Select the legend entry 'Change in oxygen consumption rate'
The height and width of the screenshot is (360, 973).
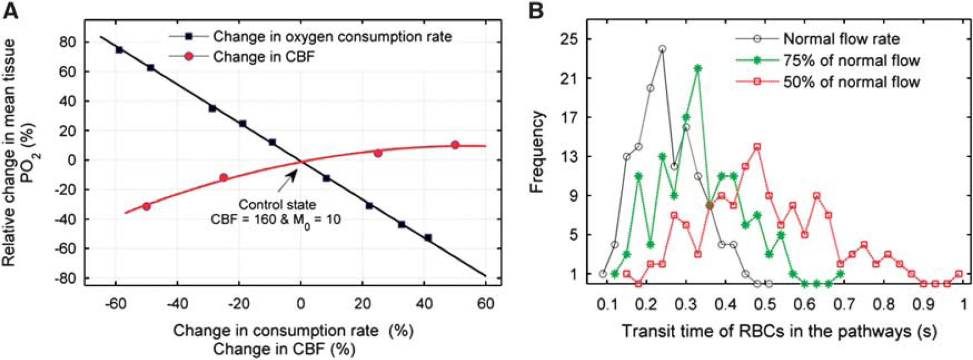click(x=310, y=37)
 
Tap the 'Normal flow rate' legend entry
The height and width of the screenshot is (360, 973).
click(x=818, y=39)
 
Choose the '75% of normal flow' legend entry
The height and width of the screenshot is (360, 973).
click(x=828, y=61)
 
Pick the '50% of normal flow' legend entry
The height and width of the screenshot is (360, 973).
click(x=828, y=82)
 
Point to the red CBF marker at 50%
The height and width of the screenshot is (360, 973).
click(x=455, y=145)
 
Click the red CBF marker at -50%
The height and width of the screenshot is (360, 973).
click(x=147, y=206)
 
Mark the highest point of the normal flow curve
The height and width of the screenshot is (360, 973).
click(x=662, y=49)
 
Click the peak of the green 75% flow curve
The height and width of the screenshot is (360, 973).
click(x=698, y=68)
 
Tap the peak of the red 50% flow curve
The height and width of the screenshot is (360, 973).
click(x=757, y=147)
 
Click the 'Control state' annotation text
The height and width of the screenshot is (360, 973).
click(x=277, y=205)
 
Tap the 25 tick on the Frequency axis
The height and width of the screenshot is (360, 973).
click(x=571, y=39)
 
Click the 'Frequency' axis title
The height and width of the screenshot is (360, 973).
click(x=537, y=152)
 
